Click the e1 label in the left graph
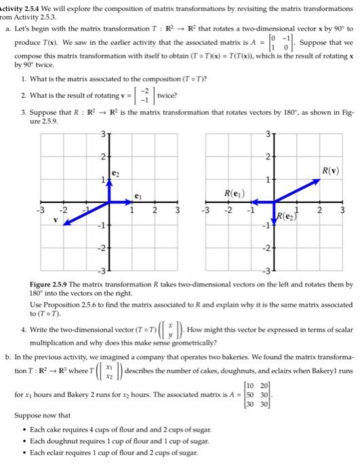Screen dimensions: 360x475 pyautogui.click(x=138, y=195)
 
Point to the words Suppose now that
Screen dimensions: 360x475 pyautogui.click(x=43, y=417)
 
